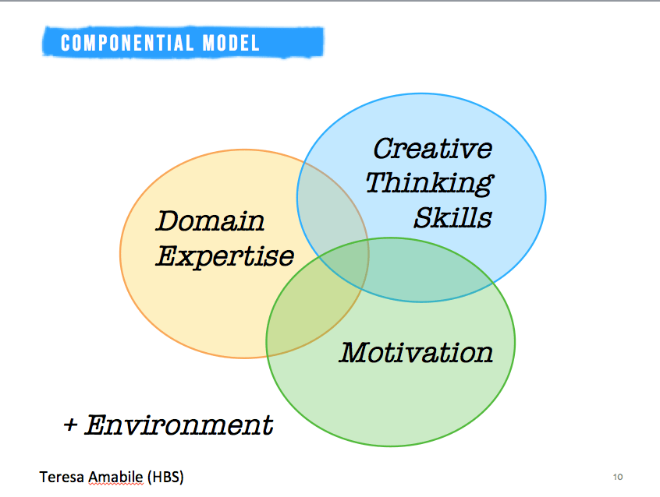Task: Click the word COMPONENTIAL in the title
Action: (127, 43)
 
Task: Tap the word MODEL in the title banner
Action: (231, 43)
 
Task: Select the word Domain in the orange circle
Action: (210, 220)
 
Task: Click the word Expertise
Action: (225, 257)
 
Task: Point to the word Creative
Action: (433, 149)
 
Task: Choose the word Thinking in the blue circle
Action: (430, 183)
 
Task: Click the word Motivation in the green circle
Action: (416, 352)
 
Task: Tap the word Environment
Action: (179, 425)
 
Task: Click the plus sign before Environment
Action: (71, 425)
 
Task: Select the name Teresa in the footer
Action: (62, 478)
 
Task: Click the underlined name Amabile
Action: (115, 478)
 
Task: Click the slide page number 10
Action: (618, 477)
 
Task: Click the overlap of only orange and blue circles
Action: (329, 206)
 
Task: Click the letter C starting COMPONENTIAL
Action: (66, 43)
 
